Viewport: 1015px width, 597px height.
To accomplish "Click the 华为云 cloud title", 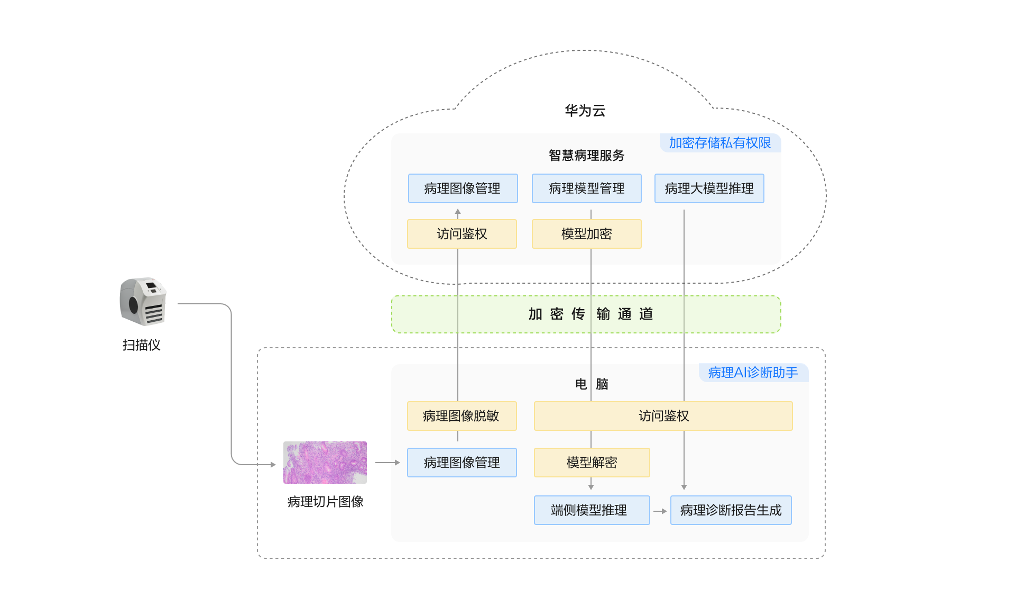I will (x=585, y=111).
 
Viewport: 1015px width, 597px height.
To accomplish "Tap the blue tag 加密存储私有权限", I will (x=719, y=143).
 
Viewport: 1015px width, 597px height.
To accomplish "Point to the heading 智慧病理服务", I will (x=586, y=156).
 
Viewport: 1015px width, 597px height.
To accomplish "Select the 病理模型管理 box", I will (x=586, y=188).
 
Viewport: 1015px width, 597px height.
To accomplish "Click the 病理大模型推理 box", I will (x=709, y=188).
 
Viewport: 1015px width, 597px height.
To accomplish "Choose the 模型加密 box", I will (x=586, y=234).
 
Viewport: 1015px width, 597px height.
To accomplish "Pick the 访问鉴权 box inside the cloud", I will (x=462, y=234).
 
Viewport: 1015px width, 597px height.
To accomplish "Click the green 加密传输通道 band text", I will (x=590, y=314).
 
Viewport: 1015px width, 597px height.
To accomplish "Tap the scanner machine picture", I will (x=143, y=301).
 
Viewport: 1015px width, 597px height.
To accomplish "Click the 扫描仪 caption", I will (x=141, y=345).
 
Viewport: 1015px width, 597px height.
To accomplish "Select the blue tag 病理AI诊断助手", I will (x=753, y=373).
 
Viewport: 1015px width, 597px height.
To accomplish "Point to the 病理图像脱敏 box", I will (x=462, y=416).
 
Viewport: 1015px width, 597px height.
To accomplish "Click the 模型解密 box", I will (x=592, y=463).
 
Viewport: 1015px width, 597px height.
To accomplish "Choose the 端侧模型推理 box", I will (x=592, y=510).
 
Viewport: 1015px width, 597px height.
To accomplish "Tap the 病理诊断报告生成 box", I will (x=731, y=510).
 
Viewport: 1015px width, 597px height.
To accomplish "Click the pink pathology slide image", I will (x=325, y=463).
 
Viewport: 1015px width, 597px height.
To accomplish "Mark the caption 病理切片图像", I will (x=325, y=502).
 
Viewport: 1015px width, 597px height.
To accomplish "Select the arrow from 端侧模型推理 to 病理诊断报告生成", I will (x=660, y=511).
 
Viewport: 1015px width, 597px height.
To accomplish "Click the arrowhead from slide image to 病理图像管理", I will (x=396, y=463).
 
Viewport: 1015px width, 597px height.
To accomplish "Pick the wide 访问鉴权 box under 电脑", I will (x=663, y=416).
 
